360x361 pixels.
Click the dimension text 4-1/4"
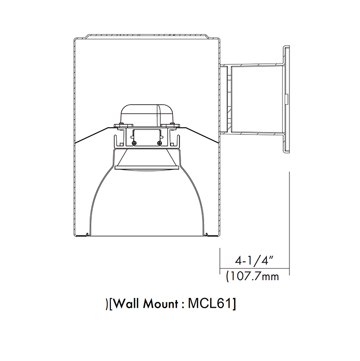[254, 262]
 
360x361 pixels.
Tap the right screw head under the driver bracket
[159, 143]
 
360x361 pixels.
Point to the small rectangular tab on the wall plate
[286, 101]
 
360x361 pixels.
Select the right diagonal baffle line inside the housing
[200, 135]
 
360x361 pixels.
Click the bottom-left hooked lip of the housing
[85, 234]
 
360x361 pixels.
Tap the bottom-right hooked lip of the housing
[207, 234]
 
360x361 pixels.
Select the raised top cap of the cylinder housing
[146, 36]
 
